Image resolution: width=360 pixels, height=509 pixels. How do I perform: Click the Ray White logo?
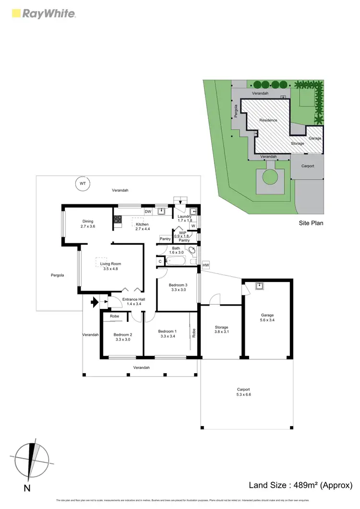(43, 13)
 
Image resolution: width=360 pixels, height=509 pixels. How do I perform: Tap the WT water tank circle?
(82, 183)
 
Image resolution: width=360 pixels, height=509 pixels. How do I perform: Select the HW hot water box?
(206, 265)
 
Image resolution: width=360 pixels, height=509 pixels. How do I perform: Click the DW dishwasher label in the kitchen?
(148, 212)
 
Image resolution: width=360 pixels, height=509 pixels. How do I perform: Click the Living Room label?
(110, 263)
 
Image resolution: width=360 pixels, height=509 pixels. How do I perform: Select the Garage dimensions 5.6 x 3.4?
(267, 320)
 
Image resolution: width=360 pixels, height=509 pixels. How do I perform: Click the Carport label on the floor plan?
(244, 389)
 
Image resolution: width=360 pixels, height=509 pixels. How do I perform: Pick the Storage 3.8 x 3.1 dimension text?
(222, 332)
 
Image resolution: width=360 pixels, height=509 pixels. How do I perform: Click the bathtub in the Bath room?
(177, 261)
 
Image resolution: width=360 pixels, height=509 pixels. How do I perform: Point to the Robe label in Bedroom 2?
(114, 316)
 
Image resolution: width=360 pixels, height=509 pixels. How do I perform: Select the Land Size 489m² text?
(300, 485)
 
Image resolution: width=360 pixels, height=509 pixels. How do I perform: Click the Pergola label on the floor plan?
(57, 275)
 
